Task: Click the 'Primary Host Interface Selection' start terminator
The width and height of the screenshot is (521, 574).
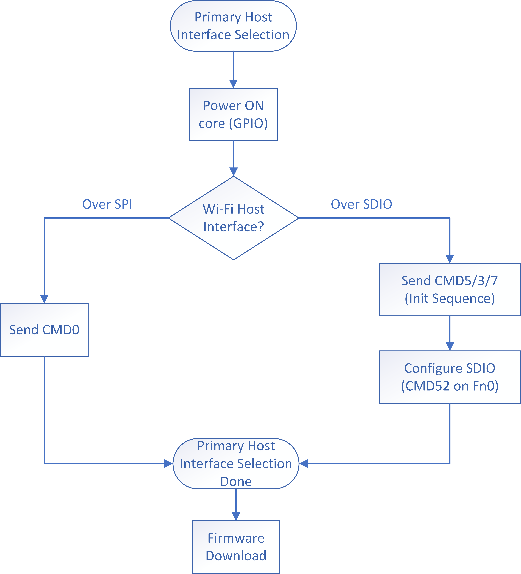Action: click(x=233, y=26)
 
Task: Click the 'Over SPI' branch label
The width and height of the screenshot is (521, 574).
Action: click(x=107, y=204)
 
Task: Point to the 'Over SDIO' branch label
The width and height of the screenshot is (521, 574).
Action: click(x=361, y=204)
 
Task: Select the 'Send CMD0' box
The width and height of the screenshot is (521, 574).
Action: click(x=44, y=330)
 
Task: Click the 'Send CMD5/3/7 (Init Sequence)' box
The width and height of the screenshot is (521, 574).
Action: click(x=450, y=290)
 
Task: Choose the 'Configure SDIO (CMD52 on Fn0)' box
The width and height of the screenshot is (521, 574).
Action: click(x=450, y=377)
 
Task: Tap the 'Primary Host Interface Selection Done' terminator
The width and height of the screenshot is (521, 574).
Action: click(x=236, y=464)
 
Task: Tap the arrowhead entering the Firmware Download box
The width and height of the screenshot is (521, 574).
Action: click(x=236, y=516)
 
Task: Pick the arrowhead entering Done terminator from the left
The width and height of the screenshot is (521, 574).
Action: click(x=169, y=464)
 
